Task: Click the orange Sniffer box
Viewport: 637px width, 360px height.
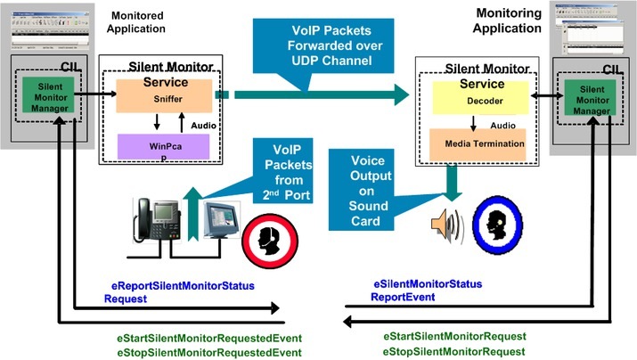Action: pyautogui.click(x=164, y=95)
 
